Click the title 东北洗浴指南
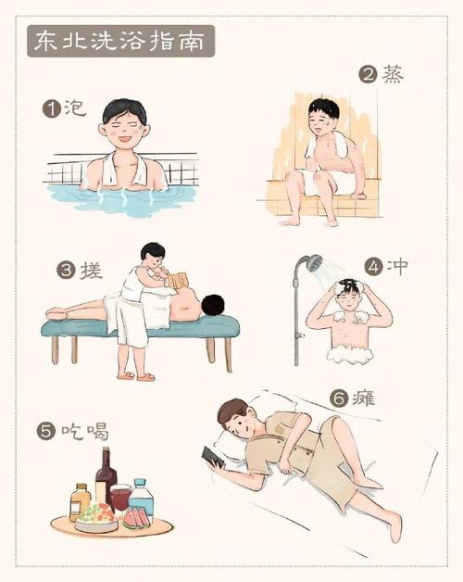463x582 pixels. coord(120,41)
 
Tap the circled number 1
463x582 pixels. coord(51,109)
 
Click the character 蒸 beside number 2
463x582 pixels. coord(393,75)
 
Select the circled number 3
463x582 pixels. coord(67,271)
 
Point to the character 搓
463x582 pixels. coord(92,270)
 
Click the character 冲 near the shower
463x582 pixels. coord(397,266)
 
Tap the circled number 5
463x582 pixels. coord(46,431)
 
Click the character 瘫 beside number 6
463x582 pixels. coord(364,399)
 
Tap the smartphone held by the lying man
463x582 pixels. coord(213,457)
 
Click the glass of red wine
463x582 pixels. coord(120,499)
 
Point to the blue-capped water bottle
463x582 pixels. coord(141,495)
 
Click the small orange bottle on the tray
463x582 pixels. coord(80,501)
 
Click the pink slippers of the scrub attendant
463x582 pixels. coord(136,376)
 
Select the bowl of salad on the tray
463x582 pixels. coord(96,518)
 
